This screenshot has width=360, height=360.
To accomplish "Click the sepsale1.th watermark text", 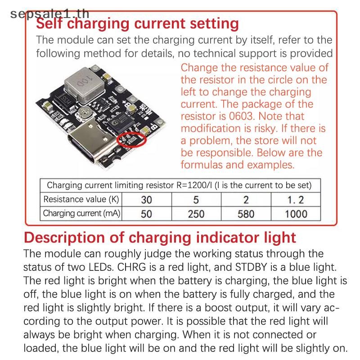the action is [49, 14].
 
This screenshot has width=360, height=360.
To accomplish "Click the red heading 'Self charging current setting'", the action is [137, 24].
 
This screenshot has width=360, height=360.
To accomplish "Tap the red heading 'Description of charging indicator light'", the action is [160, 238].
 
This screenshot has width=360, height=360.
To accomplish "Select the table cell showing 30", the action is [147, 199].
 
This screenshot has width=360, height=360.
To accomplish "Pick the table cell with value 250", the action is [196, 214].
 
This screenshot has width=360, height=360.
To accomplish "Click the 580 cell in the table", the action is [246, 214].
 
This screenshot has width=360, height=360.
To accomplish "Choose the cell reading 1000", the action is [296, 214].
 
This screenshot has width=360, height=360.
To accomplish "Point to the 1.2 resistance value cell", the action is [296, 199].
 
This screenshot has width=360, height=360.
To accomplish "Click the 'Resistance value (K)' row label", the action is [81, 199].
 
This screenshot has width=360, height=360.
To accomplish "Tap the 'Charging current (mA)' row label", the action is [81, 213].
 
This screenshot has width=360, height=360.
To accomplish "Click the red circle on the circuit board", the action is [131, 139].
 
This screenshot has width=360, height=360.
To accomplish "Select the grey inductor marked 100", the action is [84, 85].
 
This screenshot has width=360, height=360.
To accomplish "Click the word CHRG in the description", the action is [131, 267].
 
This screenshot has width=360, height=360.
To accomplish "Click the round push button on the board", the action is [85, 113].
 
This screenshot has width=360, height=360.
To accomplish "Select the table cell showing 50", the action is [147, 214].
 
